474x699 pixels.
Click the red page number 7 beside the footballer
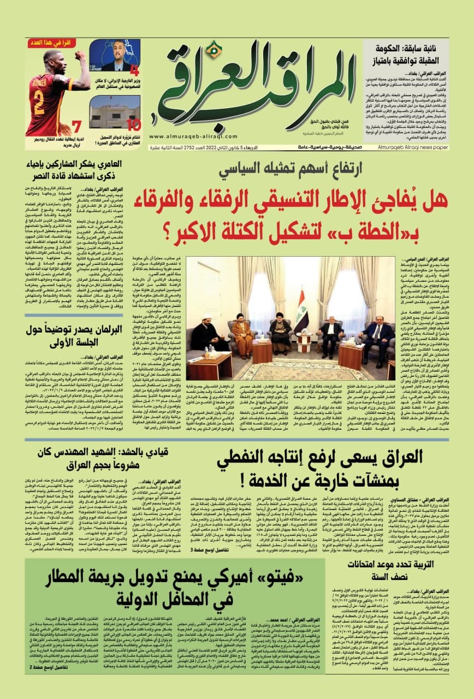(x=77, y=127)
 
